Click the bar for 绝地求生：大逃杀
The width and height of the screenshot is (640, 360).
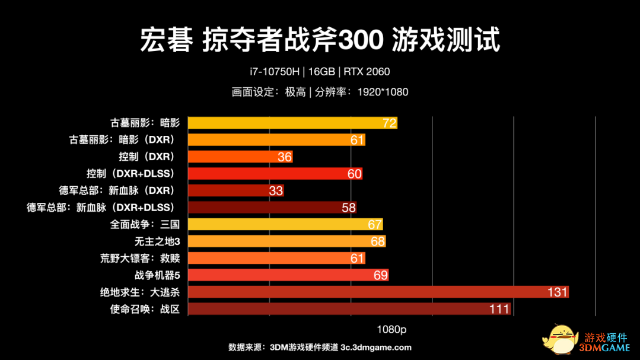click(x=378, y=292)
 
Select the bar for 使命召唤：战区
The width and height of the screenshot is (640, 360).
click(x=349, y=309)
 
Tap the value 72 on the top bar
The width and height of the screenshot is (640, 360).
click(x=389, y=123)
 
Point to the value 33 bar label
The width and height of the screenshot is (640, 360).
click(x=276, y=191)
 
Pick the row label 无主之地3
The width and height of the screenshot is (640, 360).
click(x=157, y=241)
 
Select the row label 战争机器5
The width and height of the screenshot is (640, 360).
click(x=157, y=275)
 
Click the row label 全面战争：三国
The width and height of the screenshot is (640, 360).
click(x=145, y=225)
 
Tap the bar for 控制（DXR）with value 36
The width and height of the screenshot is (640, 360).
click(x=240, y=157)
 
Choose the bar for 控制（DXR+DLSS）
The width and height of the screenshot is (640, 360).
click(x=275, y=174)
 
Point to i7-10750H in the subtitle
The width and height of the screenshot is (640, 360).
click(x=275, y=72)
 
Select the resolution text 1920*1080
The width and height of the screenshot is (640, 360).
click(x=383, y=92)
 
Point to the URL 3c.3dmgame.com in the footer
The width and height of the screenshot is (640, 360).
click(x=376, y=348)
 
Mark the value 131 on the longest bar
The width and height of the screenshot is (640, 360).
click(x=558, y=292)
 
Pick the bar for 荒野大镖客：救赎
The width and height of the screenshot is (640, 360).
click(x=276, y=258)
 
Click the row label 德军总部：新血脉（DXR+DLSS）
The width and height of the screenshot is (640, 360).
click(x=101, y=208)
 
